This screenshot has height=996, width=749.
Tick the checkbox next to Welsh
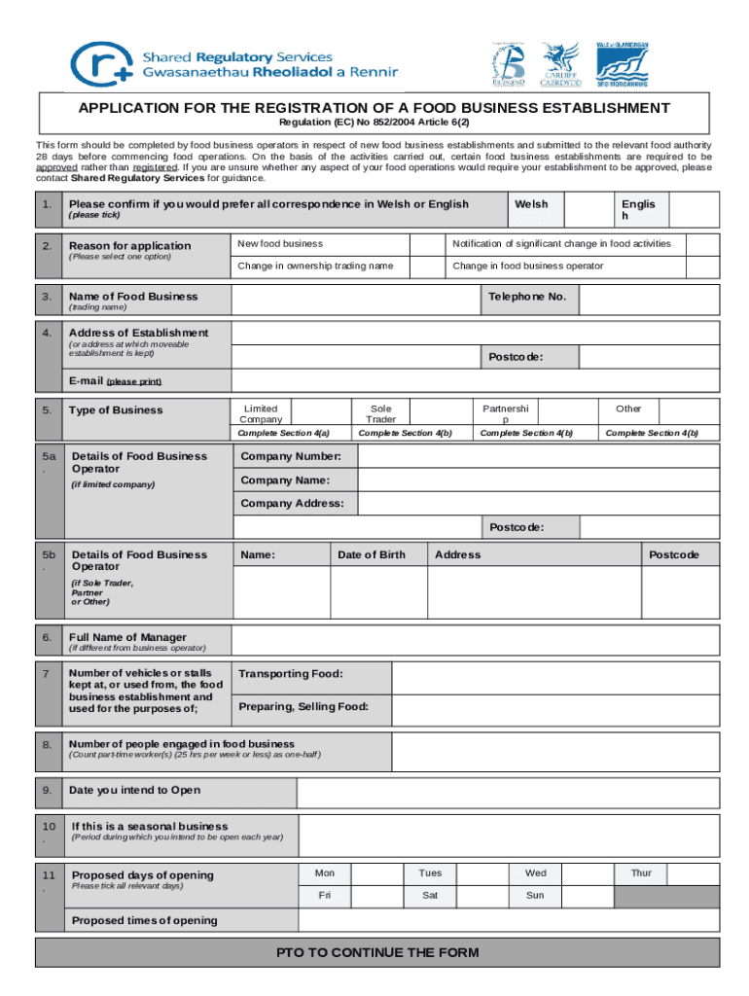pos(588,209)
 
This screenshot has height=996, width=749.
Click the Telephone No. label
pos(527,297)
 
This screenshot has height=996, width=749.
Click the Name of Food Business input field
pos(355,297)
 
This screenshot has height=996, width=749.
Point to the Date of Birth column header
pos(372,555)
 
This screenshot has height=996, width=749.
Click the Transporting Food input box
pos(555,674)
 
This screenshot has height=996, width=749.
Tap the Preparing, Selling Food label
pos(303,707)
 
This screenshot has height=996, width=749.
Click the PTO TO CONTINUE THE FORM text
pos(377,953)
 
